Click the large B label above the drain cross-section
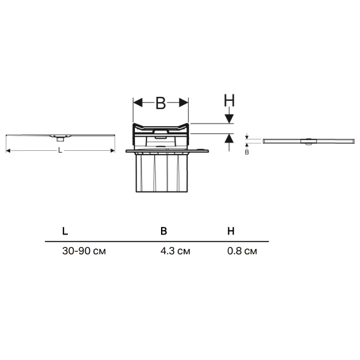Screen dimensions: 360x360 coord(160,103)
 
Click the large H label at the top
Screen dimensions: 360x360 coord(229,100)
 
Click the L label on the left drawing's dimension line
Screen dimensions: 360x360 coord(60,150)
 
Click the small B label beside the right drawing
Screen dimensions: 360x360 coord(247,152)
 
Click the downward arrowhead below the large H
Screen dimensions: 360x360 coord(229,119)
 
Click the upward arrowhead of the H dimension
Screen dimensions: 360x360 coord(229,138)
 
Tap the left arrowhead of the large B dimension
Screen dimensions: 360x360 coord(138,103)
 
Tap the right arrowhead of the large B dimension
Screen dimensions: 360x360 coord(184,103)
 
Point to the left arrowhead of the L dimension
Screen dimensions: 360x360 coord(8,151)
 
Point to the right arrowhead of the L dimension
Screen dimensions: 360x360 coord(113,151)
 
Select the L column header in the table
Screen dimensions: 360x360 coord(65,231)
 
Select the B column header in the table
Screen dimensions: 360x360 coord(164,231)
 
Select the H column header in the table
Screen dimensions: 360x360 coord(231,231)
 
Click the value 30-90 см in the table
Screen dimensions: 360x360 coord(84,251)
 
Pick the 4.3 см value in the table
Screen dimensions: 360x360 coord(175,251)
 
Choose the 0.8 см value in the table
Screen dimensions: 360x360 coord(242,251)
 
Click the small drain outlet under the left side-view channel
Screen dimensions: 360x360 coord(60,139)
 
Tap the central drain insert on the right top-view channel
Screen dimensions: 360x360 coord(309,141)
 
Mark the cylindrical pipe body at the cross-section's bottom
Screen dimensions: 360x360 coord(162,172)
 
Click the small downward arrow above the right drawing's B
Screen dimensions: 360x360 coord(247,136)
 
